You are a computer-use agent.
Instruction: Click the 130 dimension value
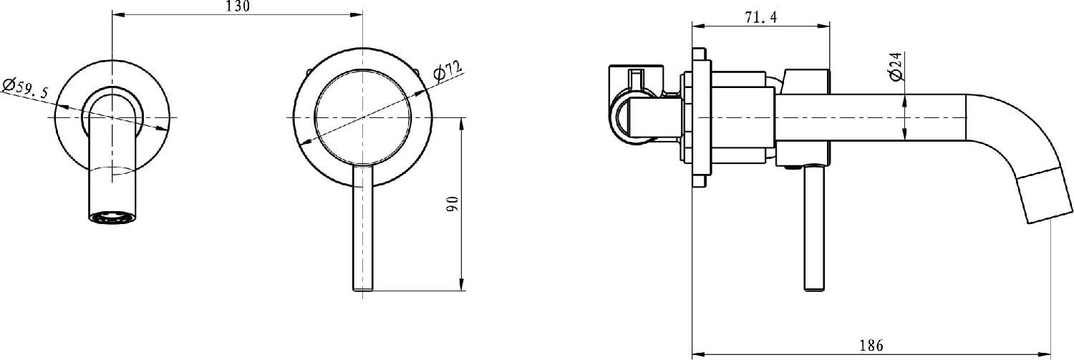click(x=237, y=6)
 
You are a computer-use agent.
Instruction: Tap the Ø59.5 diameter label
click(x=26, y=87)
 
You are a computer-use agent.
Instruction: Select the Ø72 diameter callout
click(x=447, y=69)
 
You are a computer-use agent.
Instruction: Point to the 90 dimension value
click(x=453, y=204)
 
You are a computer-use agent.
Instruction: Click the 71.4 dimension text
click(x=760, y=18)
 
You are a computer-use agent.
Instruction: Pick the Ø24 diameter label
click(x=896, y=67)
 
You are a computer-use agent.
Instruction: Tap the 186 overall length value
click(x=871, y=345)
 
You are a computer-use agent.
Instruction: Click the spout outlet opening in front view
click(x=112, y=217)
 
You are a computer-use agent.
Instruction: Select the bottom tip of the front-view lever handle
click(x=362, y=291)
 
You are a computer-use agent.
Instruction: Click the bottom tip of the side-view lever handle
click(x=814, y=290)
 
